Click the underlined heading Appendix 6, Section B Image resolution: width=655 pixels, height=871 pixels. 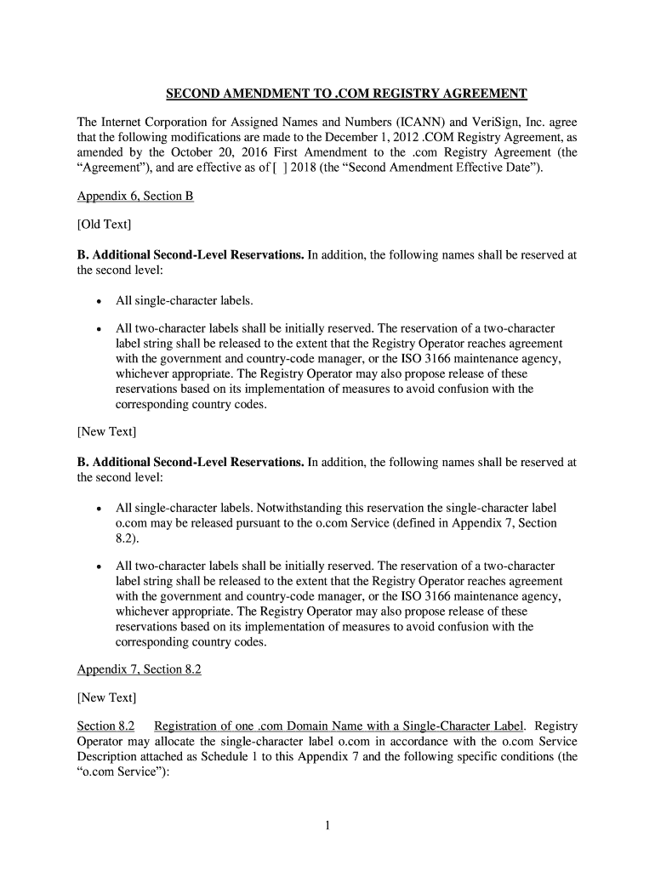(135, 196)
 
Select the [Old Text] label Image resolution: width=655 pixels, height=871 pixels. (104, 225)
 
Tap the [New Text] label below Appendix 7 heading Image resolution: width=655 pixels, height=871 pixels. (106, 697)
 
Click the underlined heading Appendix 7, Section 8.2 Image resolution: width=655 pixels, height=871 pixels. (139, 669)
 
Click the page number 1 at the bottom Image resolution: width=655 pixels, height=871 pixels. (327, 826)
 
